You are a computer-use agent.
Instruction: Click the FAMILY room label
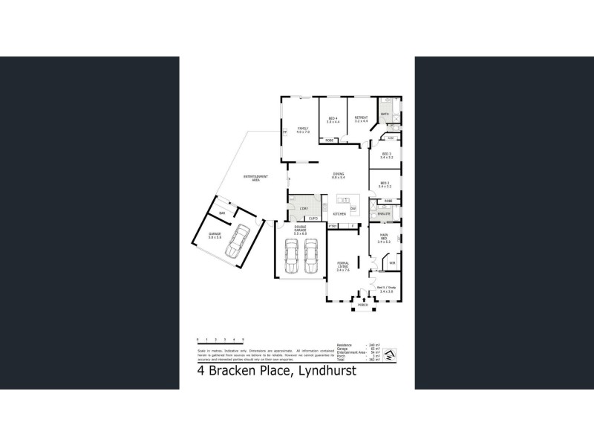302,130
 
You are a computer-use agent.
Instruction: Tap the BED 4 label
333,120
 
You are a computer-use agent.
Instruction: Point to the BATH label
385,114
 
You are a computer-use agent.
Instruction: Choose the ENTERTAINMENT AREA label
256,178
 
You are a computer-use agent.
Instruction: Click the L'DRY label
303,209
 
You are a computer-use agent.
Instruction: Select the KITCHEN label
339,214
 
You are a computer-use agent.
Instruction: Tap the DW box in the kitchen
353,209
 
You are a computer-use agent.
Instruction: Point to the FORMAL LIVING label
343,265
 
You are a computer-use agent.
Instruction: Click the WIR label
392,263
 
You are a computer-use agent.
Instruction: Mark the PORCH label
363,306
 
